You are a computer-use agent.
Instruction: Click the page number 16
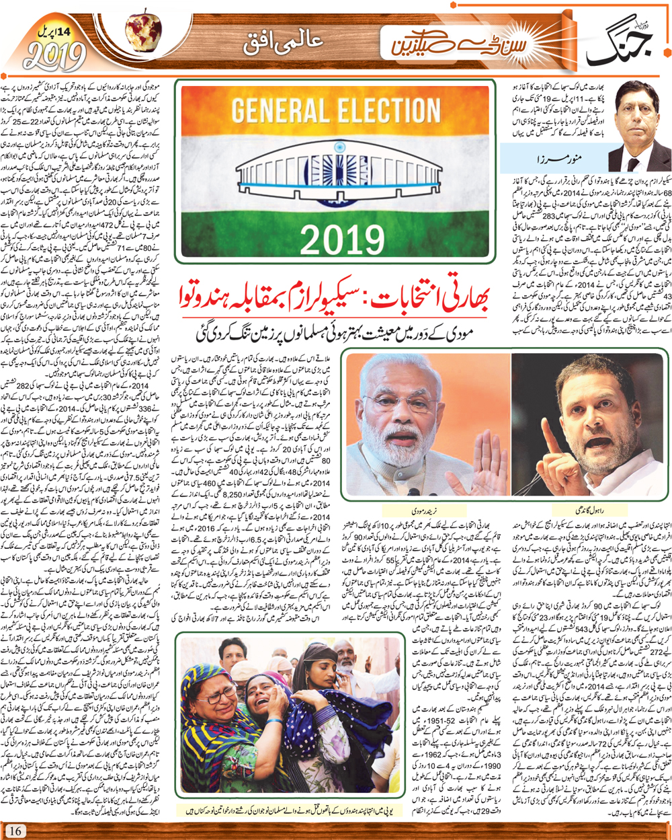(15, 831)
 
